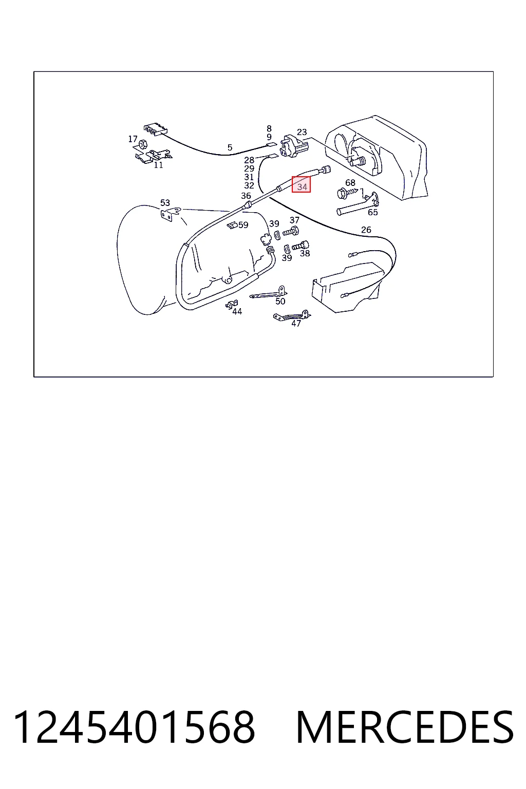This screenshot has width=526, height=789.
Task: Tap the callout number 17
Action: click(133, 139)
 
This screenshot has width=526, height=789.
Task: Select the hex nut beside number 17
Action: click(143, 144)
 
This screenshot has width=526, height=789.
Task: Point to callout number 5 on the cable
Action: click(230, 147)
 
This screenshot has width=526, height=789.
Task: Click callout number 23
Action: click(302, 132)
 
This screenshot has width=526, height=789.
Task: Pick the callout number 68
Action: click(350, 182)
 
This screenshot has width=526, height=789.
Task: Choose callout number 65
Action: click(373, 212)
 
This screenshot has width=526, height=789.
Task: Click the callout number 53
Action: click(165, 202)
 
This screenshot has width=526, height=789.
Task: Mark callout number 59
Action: click(243, 224)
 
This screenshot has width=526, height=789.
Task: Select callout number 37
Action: click(294, 220)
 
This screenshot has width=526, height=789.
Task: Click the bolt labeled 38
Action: click(300, 245)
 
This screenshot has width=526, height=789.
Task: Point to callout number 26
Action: click(366, 230)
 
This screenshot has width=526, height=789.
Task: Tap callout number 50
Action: click(280, 301)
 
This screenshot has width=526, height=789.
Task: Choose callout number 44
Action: click(237, 311)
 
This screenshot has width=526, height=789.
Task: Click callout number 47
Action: click(296, 323)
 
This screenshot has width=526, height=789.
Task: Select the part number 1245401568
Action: click(134, 727)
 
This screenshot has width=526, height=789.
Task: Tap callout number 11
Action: click(159, 165)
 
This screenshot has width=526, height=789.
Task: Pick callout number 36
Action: click(246, 196)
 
